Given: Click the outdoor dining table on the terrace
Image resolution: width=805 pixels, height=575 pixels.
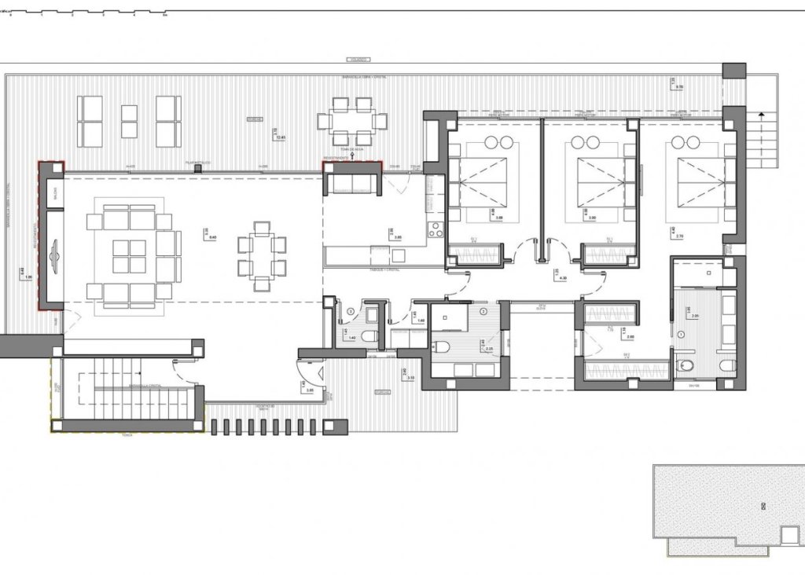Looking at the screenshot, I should pos(351,122).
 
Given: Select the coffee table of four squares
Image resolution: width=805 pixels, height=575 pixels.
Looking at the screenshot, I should pos(130,257).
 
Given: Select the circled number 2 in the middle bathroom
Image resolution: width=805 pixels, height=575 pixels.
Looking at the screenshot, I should pos(483,311).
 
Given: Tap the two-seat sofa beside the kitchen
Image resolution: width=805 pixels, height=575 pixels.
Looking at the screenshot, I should pos(352,183).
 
